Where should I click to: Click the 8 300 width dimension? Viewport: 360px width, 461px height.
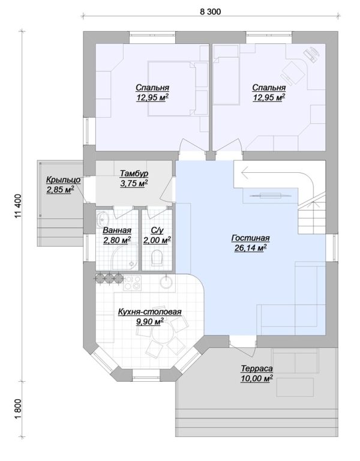point(210,11)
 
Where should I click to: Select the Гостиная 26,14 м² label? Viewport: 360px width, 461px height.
point(250,243)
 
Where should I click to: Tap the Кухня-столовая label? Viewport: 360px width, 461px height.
point(149,312)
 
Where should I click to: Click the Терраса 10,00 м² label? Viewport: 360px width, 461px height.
point(257,373)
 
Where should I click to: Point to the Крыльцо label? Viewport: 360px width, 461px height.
point(63,179)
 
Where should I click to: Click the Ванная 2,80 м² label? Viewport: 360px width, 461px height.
point(117,235)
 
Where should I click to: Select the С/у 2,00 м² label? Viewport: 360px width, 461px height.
point(157,235)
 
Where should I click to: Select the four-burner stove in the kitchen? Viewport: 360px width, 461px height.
point(133,283)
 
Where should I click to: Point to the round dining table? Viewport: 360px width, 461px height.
point(161,333)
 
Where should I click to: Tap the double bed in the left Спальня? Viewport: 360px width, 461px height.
point(172,88)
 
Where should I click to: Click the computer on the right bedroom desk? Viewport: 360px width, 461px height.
point(312,55)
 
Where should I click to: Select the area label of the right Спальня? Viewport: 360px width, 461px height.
point(269,97)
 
